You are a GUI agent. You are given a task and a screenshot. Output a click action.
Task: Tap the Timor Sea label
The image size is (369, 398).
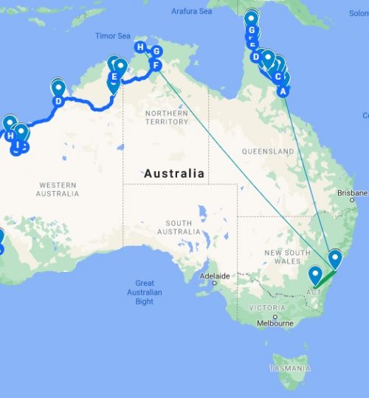(x=111, y=35)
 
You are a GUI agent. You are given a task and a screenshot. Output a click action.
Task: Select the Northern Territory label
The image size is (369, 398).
(x=166, y=117)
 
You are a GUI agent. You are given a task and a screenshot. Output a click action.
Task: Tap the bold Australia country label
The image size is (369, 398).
(x=174, y=173)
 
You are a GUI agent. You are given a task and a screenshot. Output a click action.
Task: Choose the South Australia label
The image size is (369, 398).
(x=179, y=227)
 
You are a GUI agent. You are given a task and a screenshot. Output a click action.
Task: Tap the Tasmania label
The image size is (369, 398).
(x=290, y=367)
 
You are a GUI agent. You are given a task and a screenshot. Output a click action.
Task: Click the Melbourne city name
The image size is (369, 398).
(x=275, y=324)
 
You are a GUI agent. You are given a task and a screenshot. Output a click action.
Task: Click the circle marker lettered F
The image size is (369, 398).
(x=156, y=66)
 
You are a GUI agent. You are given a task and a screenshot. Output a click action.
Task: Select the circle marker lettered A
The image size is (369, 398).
(x=281, y=91)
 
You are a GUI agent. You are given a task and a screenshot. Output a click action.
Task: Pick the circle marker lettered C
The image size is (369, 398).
(x=277, y=76)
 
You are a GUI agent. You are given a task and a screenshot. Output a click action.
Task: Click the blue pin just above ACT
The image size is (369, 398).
(x=316, y=275)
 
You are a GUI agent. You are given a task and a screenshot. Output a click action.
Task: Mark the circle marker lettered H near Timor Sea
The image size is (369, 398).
(x=140, y=48)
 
